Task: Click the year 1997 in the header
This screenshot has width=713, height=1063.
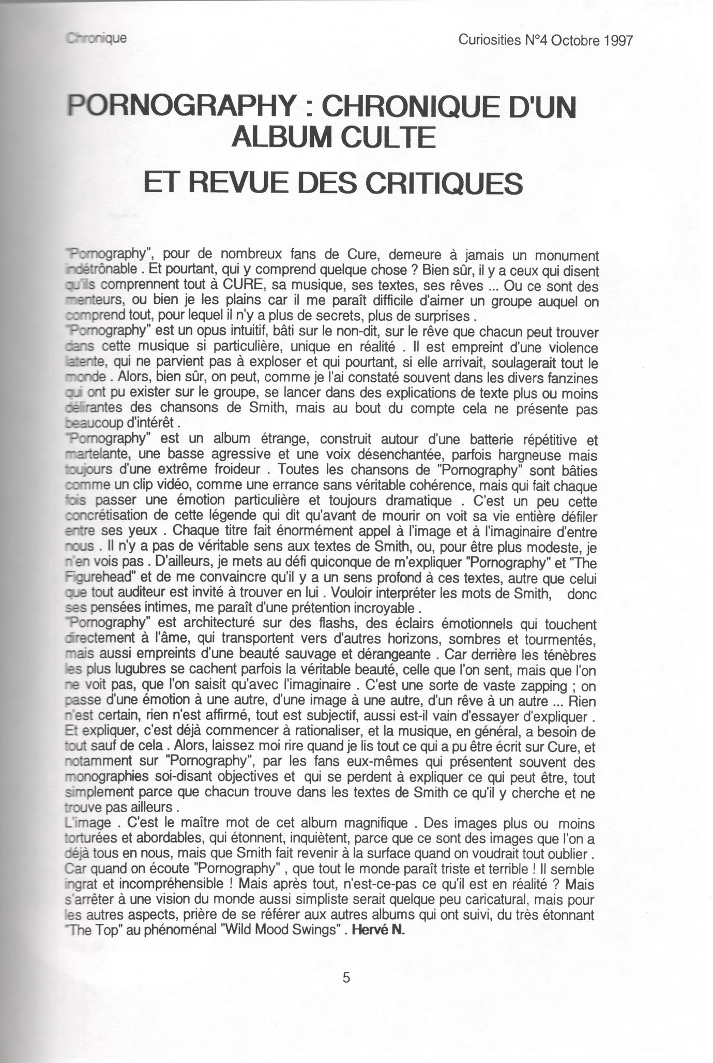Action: click(616, 41)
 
